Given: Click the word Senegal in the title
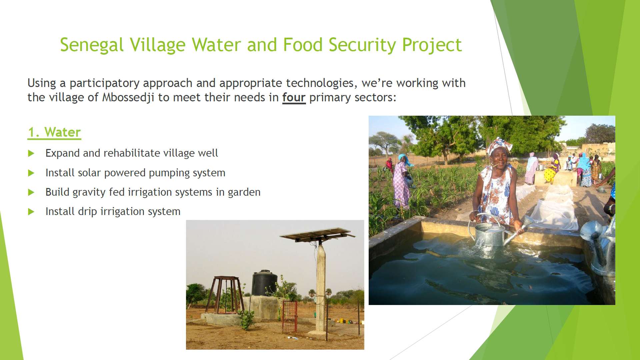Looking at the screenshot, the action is [92, 45].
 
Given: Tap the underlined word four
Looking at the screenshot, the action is [294, 97].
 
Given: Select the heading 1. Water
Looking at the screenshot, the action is [54, 132].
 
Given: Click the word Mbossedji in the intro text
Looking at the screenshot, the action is [128, 97].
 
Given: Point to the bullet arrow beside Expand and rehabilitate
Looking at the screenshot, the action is [31, 153].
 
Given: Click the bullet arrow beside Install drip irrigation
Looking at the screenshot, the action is [31, 212].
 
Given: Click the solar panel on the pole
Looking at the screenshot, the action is [318, 234].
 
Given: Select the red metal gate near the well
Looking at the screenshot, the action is [290, 316].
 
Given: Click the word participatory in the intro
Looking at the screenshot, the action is [104, 83].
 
